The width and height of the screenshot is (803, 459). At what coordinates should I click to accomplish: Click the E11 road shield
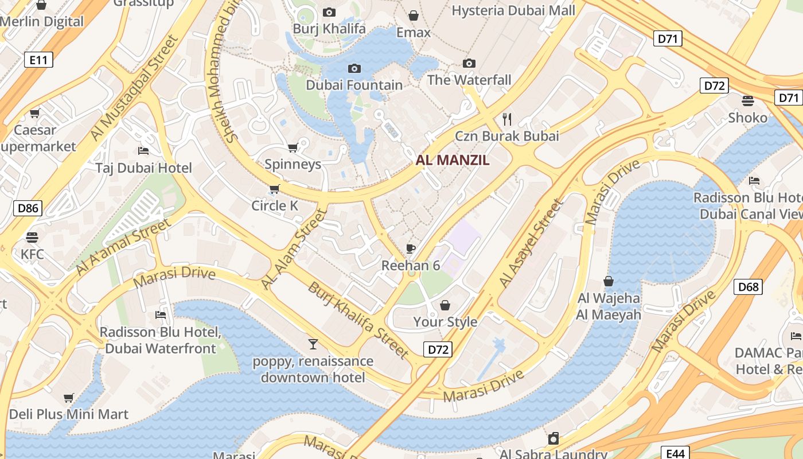coord(38,60)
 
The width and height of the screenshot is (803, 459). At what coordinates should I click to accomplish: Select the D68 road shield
coord(749,287)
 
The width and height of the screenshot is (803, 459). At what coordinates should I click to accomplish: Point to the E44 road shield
coord(675,453)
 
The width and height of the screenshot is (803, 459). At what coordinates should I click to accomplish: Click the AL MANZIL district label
coord(453,160)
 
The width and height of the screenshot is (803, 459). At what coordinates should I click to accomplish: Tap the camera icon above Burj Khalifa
coord(329,12)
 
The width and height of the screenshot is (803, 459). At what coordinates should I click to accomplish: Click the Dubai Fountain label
coord(354,85)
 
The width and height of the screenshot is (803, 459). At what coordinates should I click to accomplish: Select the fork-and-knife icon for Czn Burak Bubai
coord(506,119)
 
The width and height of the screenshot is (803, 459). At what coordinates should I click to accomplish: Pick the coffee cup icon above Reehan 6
coord(411,248)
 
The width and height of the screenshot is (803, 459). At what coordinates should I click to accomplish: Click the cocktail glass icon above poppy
coord(313,344)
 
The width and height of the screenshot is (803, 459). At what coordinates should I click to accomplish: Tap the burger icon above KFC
coord(32,237)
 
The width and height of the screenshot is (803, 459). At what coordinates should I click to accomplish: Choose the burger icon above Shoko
coord(747,101)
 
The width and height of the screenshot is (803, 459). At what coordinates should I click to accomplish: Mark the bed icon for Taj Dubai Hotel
coord(143,151)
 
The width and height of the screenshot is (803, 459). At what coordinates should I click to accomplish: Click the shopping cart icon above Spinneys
coord(293,147)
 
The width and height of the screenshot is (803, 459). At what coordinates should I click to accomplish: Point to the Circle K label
coord(275,205)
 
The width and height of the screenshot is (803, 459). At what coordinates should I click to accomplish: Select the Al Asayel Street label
coord(532,243)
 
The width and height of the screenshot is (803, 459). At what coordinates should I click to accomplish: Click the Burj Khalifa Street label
coord(358,320)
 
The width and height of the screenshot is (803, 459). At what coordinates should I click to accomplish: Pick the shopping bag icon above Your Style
coord(445,305)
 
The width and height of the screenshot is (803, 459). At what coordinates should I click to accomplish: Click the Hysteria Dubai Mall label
coord(513,10)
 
